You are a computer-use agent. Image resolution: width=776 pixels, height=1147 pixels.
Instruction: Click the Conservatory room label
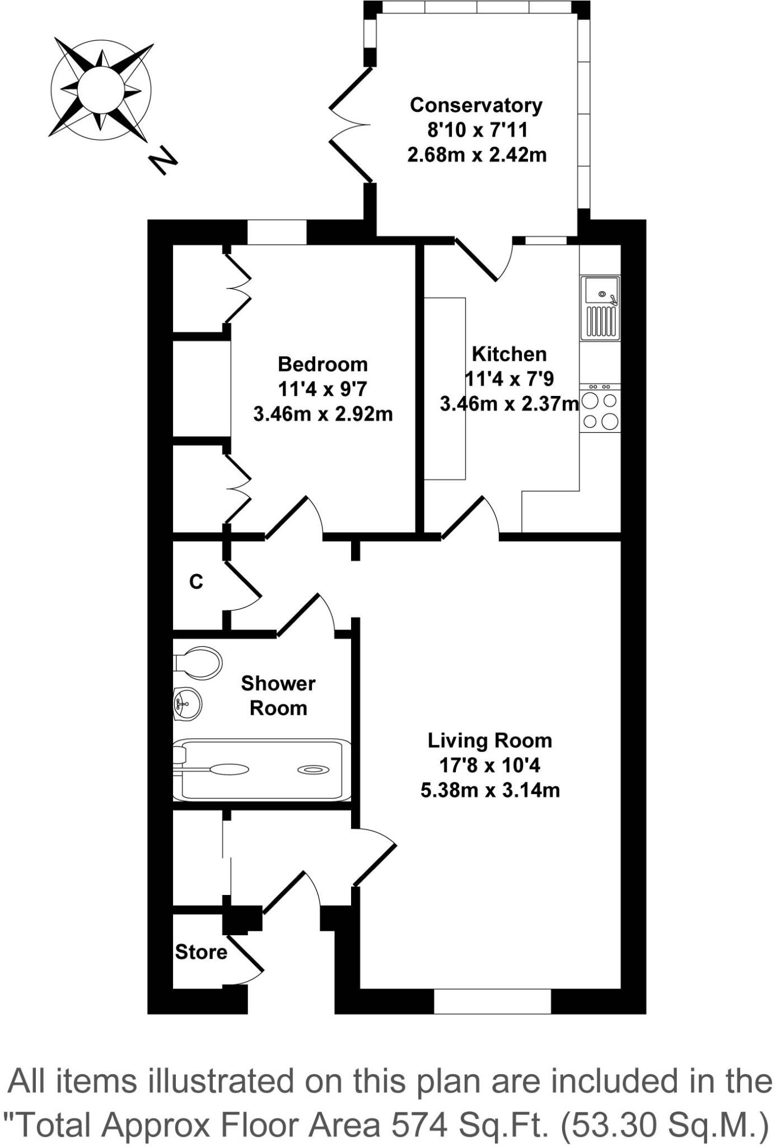coord(476,105)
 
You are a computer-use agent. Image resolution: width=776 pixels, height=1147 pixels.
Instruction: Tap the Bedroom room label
coord(322,364)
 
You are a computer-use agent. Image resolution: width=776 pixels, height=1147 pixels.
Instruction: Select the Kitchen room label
coord(509,354)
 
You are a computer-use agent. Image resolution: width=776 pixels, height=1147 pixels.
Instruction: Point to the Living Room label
coord(490,740)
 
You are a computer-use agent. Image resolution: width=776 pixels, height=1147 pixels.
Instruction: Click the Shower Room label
coord(278,696)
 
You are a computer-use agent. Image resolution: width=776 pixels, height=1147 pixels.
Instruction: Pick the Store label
coord(201,952)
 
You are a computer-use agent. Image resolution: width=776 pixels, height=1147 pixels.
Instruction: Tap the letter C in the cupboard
coord(196,582)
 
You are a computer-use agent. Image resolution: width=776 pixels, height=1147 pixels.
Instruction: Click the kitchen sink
coord(600,307)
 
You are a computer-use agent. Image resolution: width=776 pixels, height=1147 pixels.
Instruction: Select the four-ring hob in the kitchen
coord(600,409)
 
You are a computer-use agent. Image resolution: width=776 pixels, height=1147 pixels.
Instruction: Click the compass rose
coord(101,90)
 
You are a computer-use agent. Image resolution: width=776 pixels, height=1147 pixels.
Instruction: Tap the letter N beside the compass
coord(162,161)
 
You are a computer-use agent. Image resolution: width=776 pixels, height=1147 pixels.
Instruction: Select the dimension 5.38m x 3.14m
coord(490,790)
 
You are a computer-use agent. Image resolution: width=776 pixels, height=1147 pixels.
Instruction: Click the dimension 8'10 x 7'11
coord(477,130)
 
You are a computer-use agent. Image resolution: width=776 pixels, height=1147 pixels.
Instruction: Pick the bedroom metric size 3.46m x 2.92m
coord(322,414)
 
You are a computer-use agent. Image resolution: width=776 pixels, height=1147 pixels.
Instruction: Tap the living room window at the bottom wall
coord(493,1001)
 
